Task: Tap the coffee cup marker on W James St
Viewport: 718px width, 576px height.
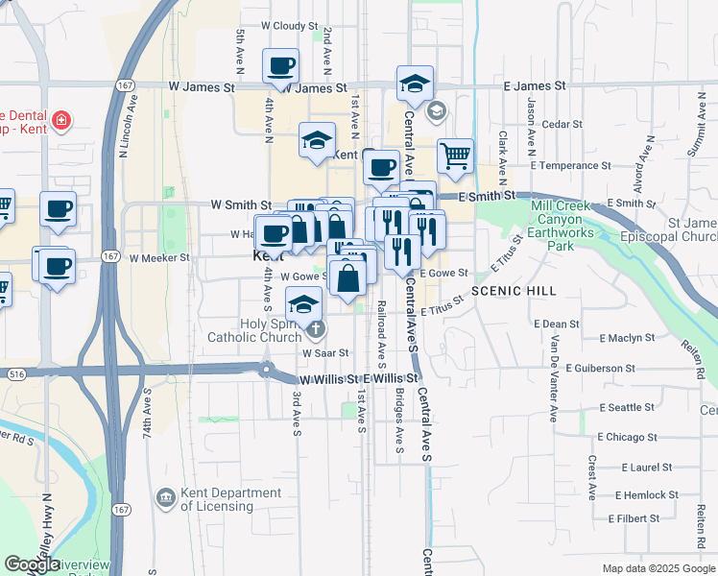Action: [280, 66]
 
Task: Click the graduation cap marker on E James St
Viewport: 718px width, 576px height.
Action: [415, 83]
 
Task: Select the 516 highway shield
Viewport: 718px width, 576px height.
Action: [14, 373]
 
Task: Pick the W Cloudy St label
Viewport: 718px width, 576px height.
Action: [282, 26]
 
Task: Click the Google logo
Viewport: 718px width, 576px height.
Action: [32, 564]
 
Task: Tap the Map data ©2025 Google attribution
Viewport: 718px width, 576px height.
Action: [658, 568]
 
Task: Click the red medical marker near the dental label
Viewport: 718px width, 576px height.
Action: [61, 121]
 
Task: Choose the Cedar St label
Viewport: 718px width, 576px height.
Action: [556, 124]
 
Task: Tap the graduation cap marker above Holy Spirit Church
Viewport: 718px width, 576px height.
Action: [303, 303]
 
